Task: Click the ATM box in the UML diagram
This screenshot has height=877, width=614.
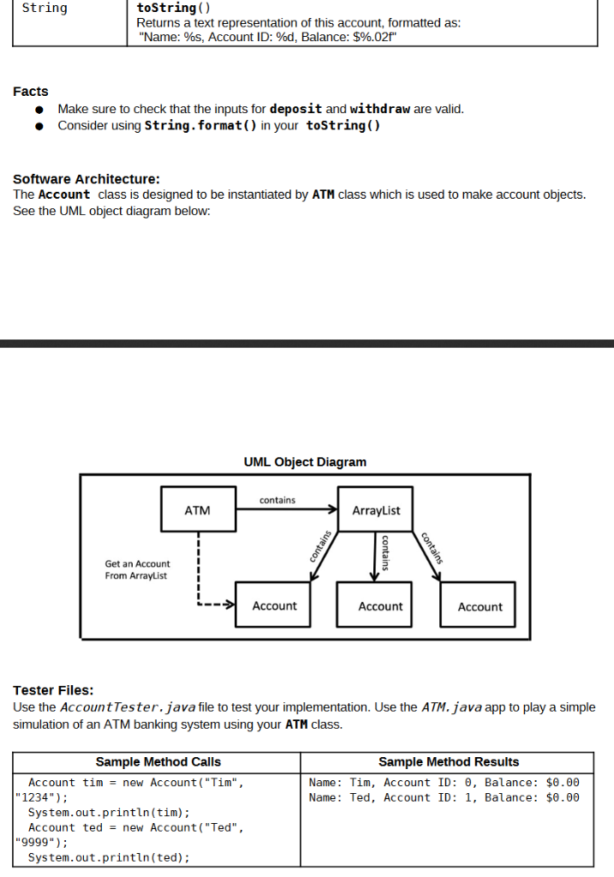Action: (198, 510)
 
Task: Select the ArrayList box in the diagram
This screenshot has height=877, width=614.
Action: (376, 510)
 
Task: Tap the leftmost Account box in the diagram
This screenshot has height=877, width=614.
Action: (274, 606)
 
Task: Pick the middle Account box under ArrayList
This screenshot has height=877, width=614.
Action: (380, 606)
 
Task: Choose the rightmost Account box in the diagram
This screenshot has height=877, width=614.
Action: (480, 606)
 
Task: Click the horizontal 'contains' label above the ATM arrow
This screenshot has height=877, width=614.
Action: (277, 499)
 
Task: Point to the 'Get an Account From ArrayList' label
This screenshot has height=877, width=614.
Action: (137, 570)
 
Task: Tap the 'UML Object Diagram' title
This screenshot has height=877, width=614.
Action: (305, 462)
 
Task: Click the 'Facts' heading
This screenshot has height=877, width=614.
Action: (31, 92)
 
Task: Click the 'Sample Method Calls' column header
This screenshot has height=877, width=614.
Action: (158, 761)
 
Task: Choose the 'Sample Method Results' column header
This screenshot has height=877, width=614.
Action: (449, 761)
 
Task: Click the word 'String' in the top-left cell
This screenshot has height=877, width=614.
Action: (45, 9)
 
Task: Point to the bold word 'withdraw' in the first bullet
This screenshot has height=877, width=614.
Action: (380, 109)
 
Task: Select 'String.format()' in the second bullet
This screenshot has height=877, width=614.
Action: (199, 126)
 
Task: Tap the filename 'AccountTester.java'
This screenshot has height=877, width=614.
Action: (128, 707)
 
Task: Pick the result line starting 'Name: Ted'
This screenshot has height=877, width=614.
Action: (444, 797)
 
